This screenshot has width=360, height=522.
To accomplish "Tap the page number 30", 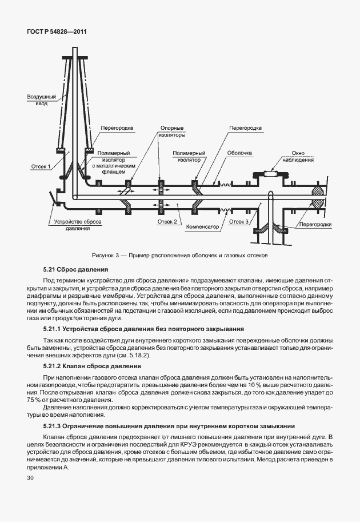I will (x=30, y=478).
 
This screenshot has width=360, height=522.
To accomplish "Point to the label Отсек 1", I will (x=41, y=167).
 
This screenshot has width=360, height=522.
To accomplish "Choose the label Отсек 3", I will (x=238, y=221).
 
